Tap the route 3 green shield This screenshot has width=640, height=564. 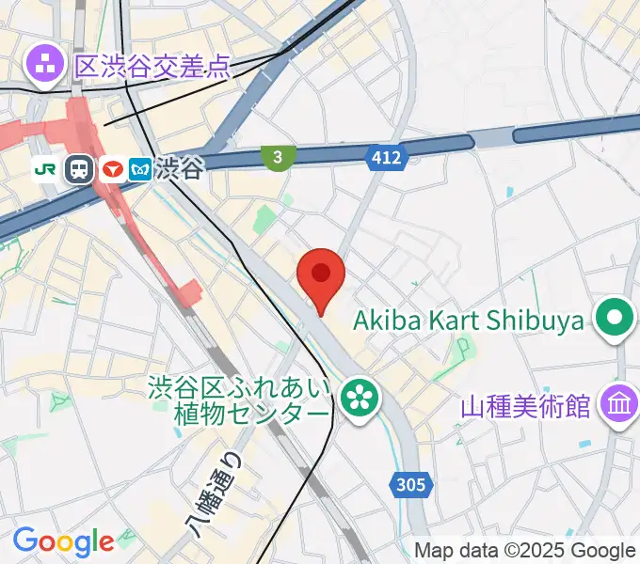278,158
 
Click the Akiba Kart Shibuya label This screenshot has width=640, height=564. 468,321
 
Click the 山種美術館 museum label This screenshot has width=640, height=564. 525,407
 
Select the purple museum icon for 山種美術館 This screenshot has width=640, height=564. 619,407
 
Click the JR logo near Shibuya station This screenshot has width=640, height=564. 43,169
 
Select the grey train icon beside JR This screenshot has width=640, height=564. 79,169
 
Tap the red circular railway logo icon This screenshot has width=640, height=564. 113,169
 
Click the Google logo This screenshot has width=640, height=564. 63,541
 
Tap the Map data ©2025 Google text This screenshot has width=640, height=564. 524,551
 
